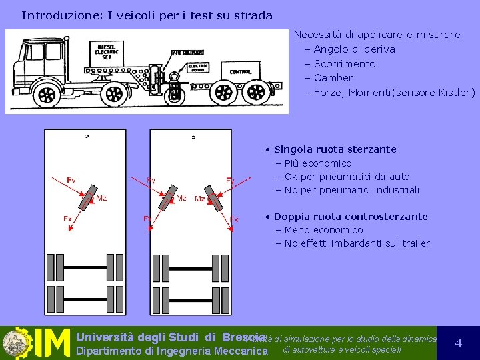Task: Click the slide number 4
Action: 458,343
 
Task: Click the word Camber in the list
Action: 333,78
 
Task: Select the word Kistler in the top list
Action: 454,93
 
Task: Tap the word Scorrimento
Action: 344,64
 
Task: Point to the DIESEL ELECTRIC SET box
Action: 107,51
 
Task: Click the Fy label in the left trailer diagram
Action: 71,180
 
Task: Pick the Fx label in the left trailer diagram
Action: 67,219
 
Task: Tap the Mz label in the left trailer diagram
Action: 101,198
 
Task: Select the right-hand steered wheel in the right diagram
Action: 215,201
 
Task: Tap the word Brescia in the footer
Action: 245,337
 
